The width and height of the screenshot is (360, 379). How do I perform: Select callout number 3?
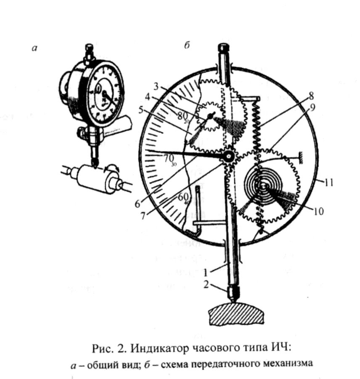(x=156, y=87)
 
